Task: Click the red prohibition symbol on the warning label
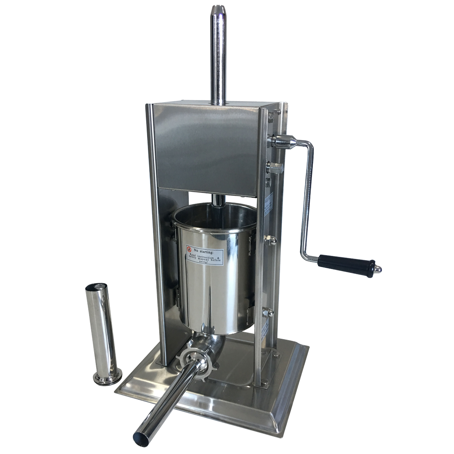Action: [x=189, y=249]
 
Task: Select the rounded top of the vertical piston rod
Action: [x=218, y=9]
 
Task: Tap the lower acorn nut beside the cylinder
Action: [x=268, y=312]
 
